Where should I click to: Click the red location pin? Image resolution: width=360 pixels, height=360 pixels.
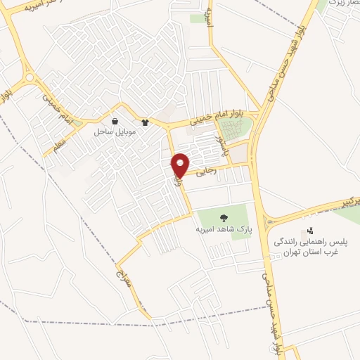pos(180,164)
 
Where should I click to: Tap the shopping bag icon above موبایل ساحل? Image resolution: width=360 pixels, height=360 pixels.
pos(115,121)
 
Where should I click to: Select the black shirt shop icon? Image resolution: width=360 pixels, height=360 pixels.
pos(145,121)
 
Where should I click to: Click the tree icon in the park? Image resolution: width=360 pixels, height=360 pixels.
pos(224,217)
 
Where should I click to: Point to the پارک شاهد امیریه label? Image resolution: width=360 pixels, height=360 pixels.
pos(224,229)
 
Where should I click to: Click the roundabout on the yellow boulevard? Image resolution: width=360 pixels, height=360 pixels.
pos(29,77)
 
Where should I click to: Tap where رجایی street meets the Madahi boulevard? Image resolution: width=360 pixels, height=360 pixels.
pos(254,165)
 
